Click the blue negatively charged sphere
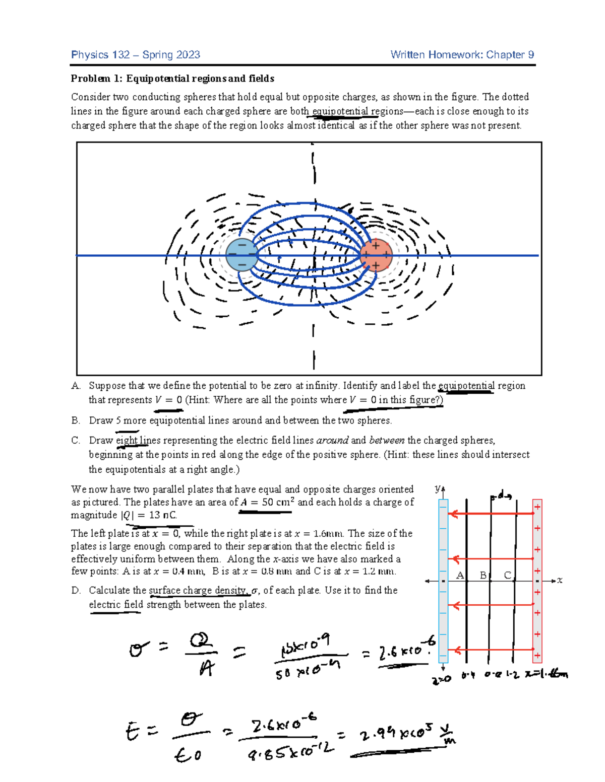pyautogui.click(x=242, y=255)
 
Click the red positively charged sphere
pyautogui.click(x=376, y=255)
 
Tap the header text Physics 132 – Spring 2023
pyautogui.click(x=136, y=55)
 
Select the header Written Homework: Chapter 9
pyautogui.click(x=462, y=55)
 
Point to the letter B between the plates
pyautogui.click(x=483, y=575)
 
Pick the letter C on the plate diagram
pyautogui.click(x=507, y=575)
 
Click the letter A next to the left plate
pyautogui.click(x=460, y=575)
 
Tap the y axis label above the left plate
pyautogui.click(x=438, y=488)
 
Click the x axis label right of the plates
pyautogui.click(x=560, y=581)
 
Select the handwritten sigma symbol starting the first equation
pyautogui.click(x=137, y=650)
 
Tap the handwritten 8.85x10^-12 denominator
pyautogui.click(x=291, y=752)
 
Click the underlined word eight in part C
pyautogui.click(x=127, y=440)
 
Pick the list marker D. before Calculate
pyautogui.click(x=76, y=590)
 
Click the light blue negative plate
pyautogui.click(x=443, y=579)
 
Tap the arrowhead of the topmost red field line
pyautogui.click(x=454, y=514)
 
